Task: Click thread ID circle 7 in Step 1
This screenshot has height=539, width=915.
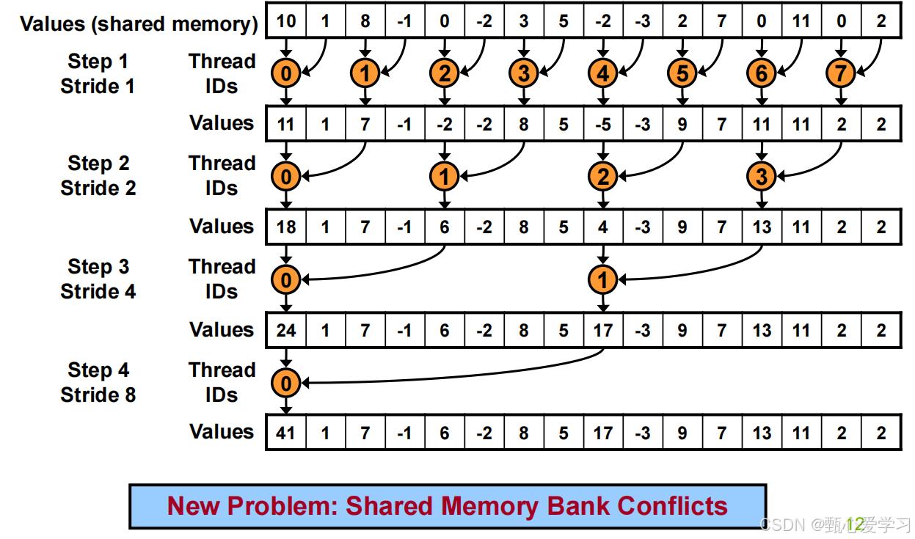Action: click(840, 73)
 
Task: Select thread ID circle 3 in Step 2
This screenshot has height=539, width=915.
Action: click(761, 177)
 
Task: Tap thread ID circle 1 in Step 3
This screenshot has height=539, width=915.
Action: click(602, 279)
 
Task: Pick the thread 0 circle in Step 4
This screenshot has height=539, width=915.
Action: click(286, 383)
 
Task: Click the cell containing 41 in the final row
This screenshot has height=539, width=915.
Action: click(286, 433)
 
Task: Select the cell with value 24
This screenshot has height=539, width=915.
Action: click(286, 330)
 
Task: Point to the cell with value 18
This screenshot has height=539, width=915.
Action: click(286, 227)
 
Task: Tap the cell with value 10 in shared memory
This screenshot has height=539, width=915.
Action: click(286, 21)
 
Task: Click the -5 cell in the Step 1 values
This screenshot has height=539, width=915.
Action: click(603, 124)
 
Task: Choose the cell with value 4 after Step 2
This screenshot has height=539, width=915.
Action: click(603, 227)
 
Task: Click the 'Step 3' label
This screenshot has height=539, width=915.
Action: click(98, 267)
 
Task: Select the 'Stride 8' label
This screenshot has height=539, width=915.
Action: click(98, 395)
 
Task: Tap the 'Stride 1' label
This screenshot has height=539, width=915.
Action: click(97, 86)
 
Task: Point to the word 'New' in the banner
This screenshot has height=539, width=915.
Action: click(194, 506)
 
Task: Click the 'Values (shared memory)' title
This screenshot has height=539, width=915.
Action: click(139, 24)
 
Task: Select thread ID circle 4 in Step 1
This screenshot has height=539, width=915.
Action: click(602, 73)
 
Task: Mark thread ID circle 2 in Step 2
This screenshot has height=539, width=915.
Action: click(602, 177)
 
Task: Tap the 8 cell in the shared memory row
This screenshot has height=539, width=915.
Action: click(365, 21)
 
